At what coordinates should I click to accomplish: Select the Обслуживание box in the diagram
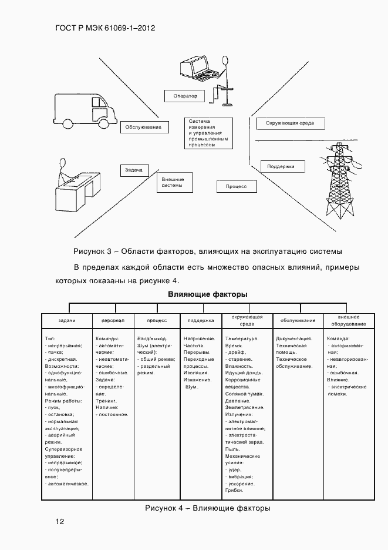click(x=144, y=127)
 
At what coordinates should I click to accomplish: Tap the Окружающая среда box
click(x=289, y=123)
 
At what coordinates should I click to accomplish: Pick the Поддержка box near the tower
click(x=282, y=167)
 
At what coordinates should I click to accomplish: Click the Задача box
click(x=134, y=170)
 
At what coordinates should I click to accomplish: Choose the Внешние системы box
click(x=174, y=182)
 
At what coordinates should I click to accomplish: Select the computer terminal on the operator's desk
click(x=196, y=68)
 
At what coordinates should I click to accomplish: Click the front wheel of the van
click(x=104, y=123)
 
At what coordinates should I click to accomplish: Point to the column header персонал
click(x=112, y=321)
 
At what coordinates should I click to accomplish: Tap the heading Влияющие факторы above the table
click(x=208, y=294)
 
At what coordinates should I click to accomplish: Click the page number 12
click(x=60, y=521)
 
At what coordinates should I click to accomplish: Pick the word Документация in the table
click(x=294, y=339)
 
